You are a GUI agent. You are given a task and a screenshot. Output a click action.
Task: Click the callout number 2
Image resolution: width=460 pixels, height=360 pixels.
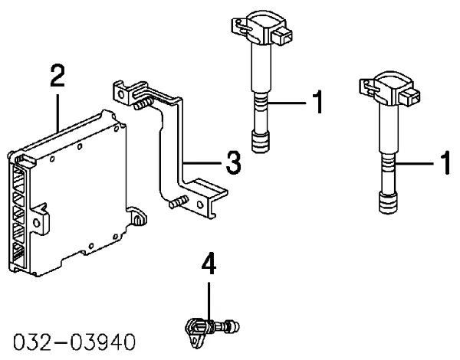(x=56, y=77)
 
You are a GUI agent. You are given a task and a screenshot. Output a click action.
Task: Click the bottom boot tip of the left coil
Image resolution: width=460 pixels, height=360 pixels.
(x=261, y=143)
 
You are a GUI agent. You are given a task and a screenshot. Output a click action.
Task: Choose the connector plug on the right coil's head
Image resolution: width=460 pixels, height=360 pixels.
(x=412, y=97)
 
